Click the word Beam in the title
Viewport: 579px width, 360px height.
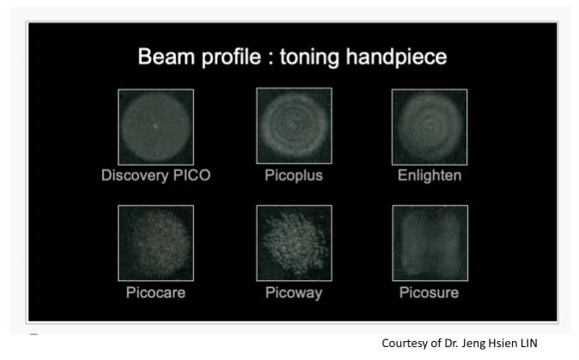166,57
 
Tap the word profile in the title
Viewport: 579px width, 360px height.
232,58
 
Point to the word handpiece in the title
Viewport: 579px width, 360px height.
396,58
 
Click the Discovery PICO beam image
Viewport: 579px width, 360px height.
155,126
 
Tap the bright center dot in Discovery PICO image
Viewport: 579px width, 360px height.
155,126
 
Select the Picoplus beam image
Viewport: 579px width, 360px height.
295,125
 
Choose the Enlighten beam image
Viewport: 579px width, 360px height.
430,126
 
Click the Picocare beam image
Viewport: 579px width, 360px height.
155,243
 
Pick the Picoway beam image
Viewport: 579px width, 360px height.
295,243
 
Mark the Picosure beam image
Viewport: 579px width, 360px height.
430,243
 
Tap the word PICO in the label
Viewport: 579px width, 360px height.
192,175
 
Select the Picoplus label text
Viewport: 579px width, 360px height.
294,176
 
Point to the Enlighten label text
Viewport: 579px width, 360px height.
430,176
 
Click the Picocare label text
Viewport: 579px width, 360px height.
155,292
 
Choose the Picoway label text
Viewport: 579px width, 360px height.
294,293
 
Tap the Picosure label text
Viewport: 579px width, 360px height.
429,292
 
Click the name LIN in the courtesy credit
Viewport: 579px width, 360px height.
529,343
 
